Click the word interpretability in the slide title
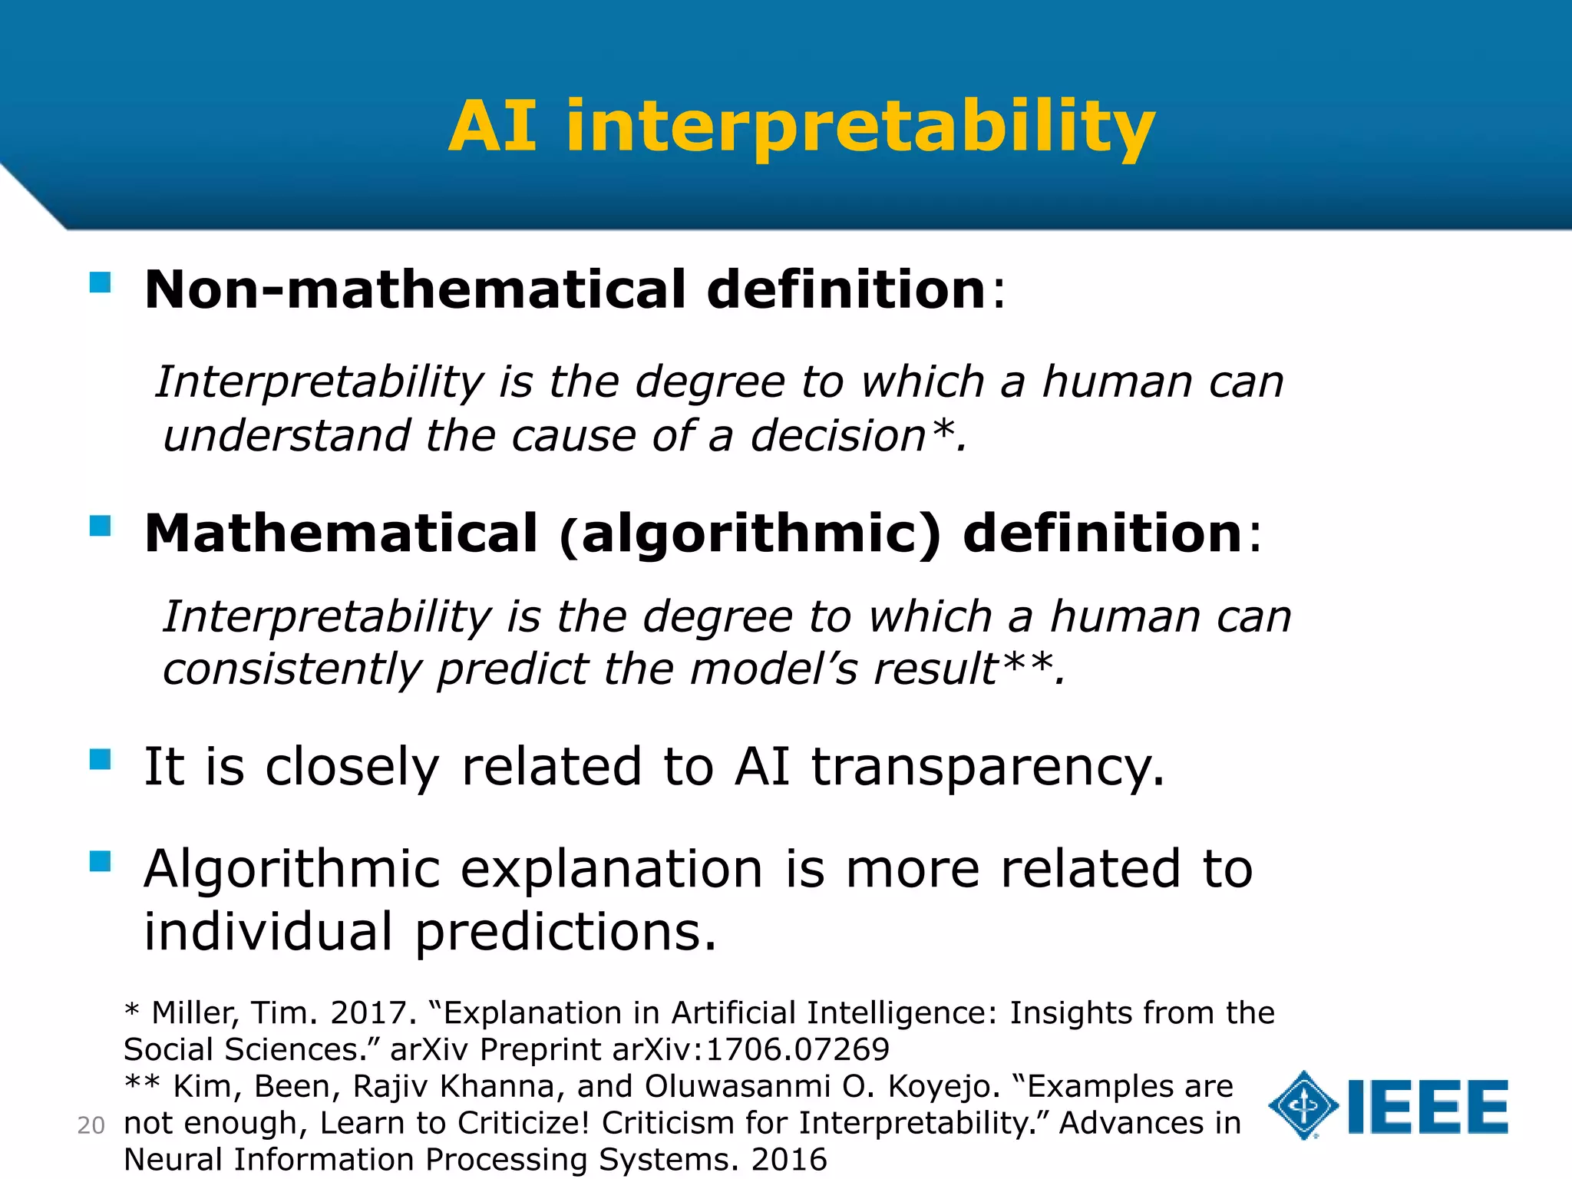[860, 127]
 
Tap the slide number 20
[91, 1125]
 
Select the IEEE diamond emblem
[1303, 1105]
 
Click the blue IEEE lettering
[1428, 1107]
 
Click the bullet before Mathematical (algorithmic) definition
[101, 526]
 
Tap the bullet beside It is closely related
[101, 759]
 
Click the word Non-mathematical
[414, 290]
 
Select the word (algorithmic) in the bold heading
[750, 534]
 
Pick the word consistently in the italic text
[292, 669]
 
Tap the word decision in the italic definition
[838, 436]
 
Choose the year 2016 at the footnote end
[789, 1160]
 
